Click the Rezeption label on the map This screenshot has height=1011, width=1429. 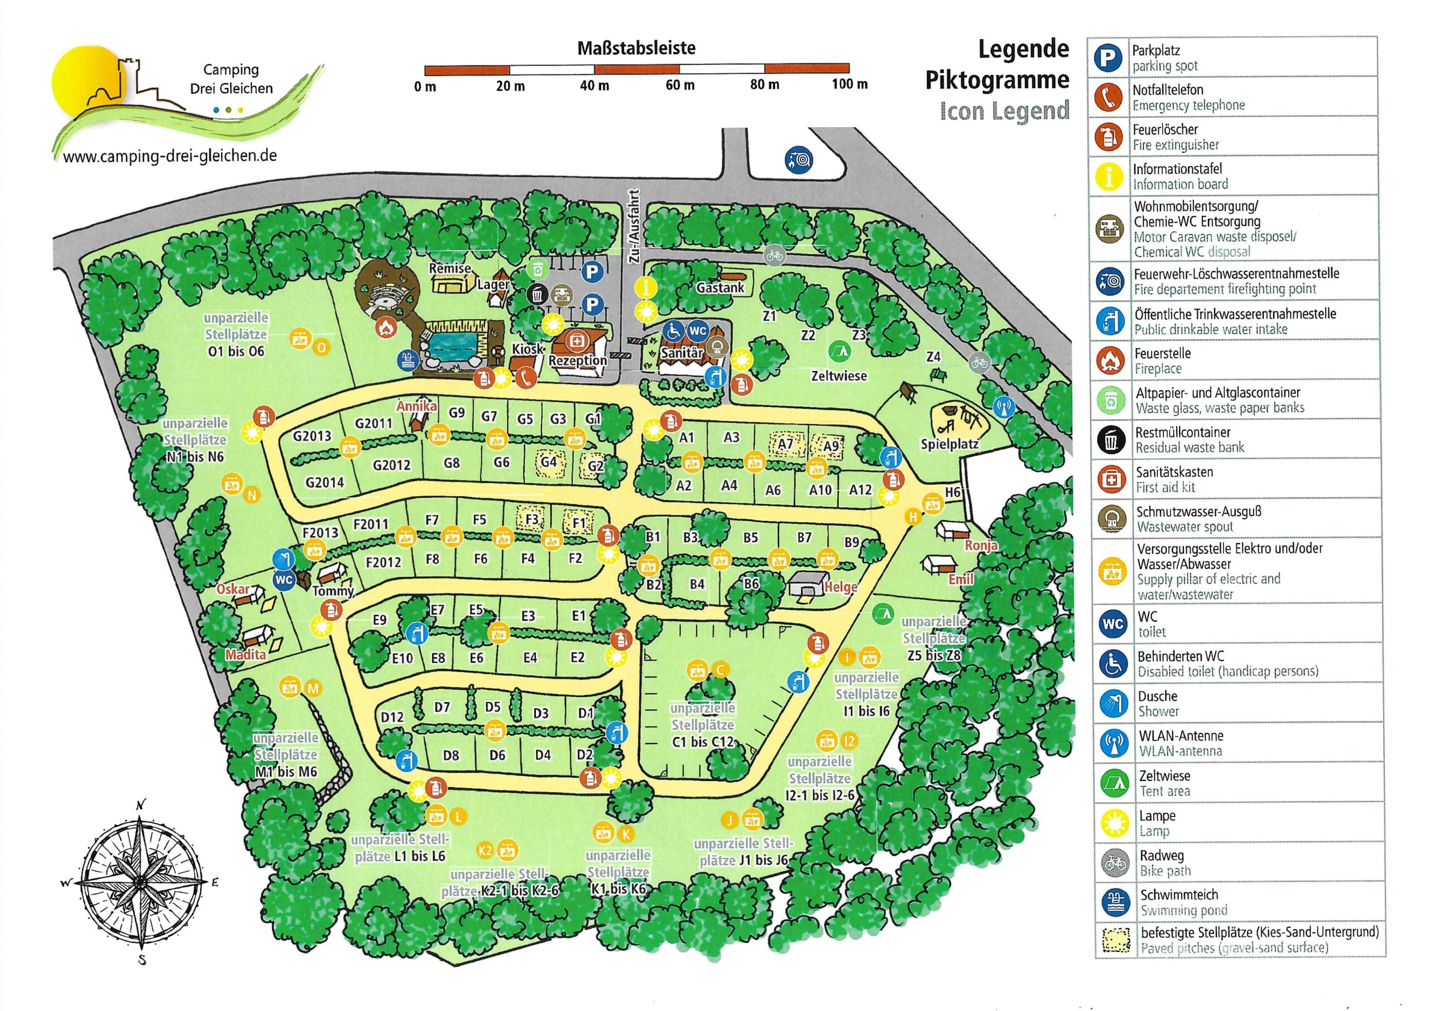pyautogui.click(x=577, y=360)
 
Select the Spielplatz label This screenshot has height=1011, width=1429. pyautogui.click(x=950, y=445)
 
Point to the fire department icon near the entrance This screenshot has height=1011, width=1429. pyautogui.click(x=798, y=160)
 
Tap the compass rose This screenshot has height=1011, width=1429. pyautogui.click(x=141, y=882)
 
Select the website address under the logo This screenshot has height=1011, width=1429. pyautogui.click(x=170, y=156)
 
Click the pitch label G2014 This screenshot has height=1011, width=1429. pyautogui.click(x=324, y=482)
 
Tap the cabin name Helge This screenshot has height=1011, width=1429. pyautogui.click(x=841, y=587)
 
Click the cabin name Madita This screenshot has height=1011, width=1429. pyautogui.click(x=245, y=655)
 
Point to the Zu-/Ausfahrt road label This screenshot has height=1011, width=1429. pyautogui.click(x=634, y=227)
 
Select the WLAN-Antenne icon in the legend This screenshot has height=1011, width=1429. pyautogui.click(x=1114, y=743)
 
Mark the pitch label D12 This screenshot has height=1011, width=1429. pyautogui.click(x=392, y=717)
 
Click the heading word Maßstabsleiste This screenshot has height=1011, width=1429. pyautogui.click(x=636, y=48)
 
